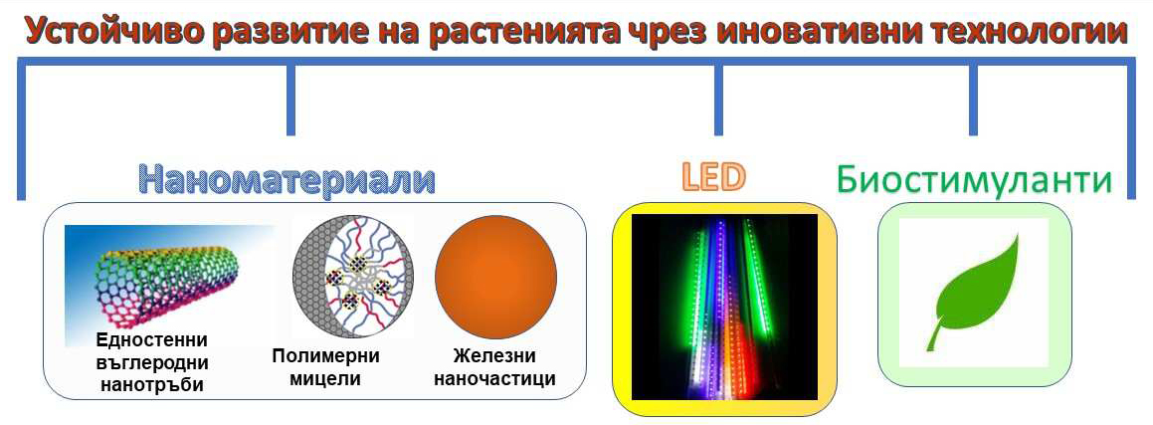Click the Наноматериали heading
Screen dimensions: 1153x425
click(x=287, y=179)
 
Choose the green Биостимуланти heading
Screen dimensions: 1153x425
click(x=974, y=179)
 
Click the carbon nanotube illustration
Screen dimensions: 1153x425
click(x=168, y=286)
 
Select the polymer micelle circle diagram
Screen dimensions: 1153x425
click(x=352, y=277)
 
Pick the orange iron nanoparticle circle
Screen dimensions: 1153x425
click(x=495, y=277)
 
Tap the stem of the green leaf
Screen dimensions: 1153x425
click(x=934, y=338)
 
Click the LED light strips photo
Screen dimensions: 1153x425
click(x=724, y=308)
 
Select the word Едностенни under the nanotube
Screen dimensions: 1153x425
click(x=151, y=340)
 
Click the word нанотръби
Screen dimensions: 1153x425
click(x=152, y=384)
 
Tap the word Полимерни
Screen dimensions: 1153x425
click(x=325, y=356)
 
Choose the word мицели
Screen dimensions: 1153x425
click(x=325, y=379)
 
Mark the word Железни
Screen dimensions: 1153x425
click(x=494, y=356)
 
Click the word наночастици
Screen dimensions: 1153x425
click(x=494, y=379)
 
